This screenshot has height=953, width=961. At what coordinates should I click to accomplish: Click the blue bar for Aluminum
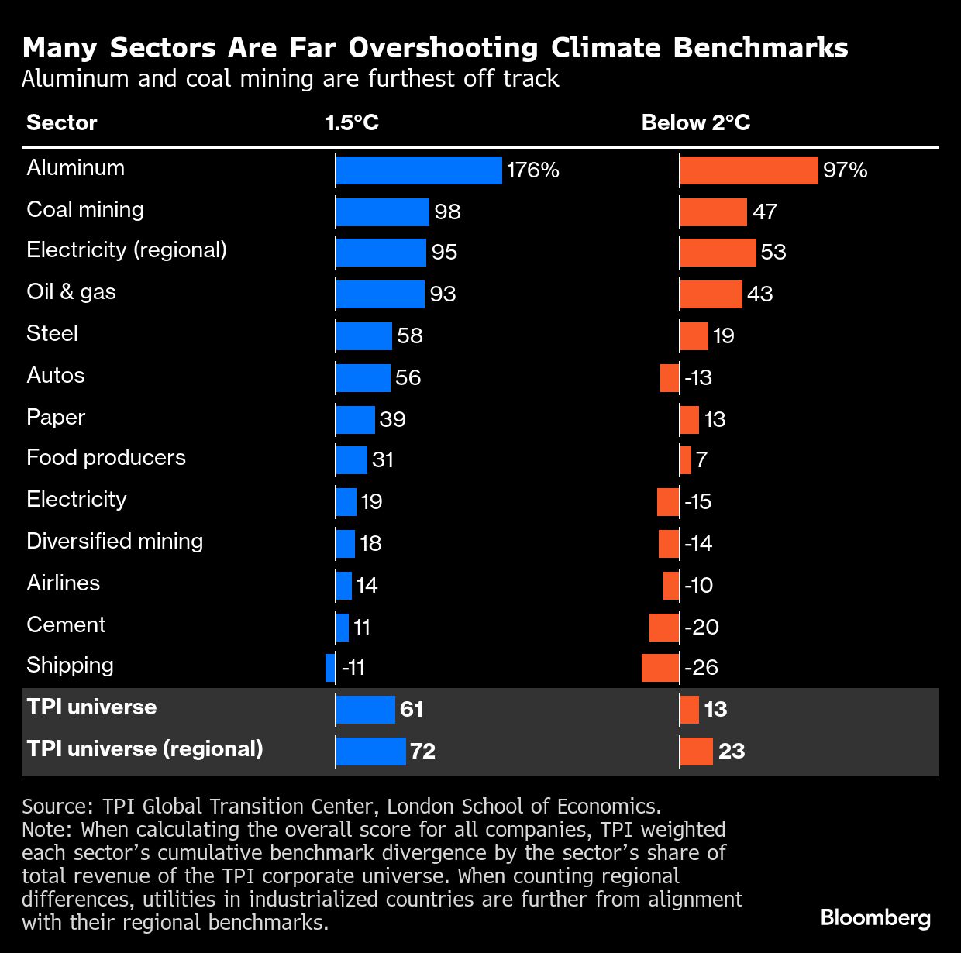tap(418, 170)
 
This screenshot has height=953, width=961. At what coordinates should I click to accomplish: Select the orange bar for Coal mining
tap(713, 212)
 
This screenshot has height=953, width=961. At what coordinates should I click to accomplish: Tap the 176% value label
tap(533, 170)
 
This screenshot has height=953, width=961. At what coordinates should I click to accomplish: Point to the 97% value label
tap(846, 170)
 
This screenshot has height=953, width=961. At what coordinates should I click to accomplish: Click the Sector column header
tap(62, 122)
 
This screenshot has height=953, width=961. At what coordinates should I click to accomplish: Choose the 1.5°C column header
tap(352, 122)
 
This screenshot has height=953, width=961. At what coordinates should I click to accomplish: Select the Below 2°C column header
tap(696, 122)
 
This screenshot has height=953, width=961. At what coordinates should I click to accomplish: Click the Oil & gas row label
tap(71, 292)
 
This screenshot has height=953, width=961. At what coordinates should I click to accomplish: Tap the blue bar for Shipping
tap(331, 667)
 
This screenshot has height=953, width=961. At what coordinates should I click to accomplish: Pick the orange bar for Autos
tap(670, 377)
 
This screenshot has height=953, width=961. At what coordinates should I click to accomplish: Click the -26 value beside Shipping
tap(701, 667)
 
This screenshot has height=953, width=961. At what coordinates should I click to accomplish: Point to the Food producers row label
tap(106, 458)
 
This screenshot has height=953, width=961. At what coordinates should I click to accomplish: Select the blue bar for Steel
tap(363, 335)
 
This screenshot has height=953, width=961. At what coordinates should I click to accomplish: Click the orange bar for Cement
tap(664, 627)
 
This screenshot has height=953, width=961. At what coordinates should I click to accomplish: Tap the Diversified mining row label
tap(115, 542)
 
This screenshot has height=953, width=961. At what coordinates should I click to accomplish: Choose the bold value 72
tap(423, 751)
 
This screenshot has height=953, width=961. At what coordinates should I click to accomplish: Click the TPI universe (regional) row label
tap(145, 749)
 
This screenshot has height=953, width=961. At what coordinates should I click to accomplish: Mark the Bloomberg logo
tap(876, 918)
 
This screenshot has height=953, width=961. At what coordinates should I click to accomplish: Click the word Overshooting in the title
tap(443, 48)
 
